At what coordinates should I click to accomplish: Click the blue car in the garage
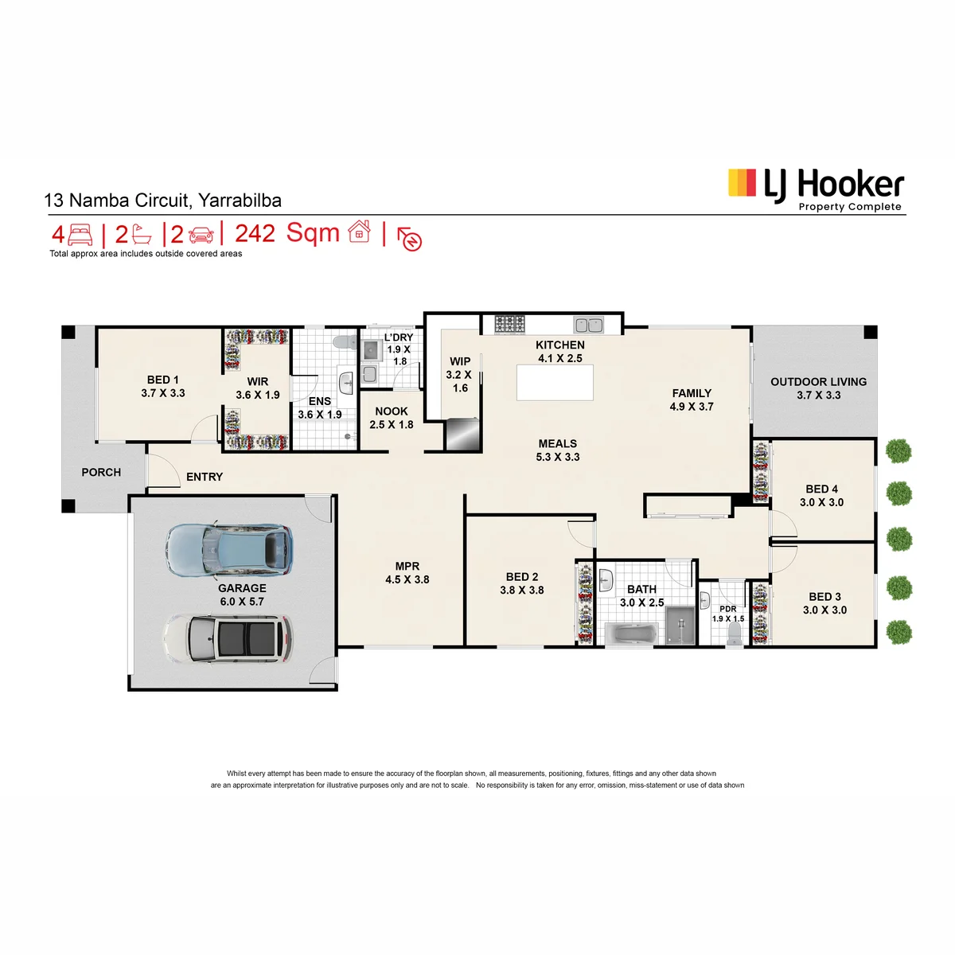pyautogui.click(x=229, y=550)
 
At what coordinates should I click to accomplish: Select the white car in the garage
pyautogui.click(x=228, y=639)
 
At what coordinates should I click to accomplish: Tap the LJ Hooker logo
pyautogui.click(x=815, y=190)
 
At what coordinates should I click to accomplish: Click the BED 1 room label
pyautogui.click(x=162, y=387)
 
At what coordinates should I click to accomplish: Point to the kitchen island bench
pyautogui.click(x=555, y=382)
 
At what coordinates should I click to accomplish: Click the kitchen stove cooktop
pyautogui.click(x=509, y=325)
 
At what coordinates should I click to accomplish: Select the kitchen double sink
pyautogui.click(x=588, y=325)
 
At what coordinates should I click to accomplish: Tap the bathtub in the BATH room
pyautogui.click(x=630, y=633)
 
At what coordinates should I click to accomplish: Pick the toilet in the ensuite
pyautogui.click(x=345, y=341)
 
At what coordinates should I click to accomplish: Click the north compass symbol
pyautogui.click(x=410, y=239)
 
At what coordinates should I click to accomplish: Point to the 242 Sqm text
pyautogui.click(x=287, y=233)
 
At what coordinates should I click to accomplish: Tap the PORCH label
pyautogui.click(x=101, y=472)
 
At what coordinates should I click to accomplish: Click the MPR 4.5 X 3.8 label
pyautogui.click(x=407, y=572)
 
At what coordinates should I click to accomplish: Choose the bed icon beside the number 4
pyautogui.click(x=80, y=235)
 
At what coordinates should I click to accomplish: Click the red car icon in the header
pyautogui.click(x=201, y=235)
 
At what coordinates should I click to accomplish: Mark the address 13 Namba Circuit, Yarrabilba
pyautogui.click(x=162, y=201)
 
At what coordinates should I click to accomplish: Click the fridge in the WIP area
pyautogui.click(x=462, y=435)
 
